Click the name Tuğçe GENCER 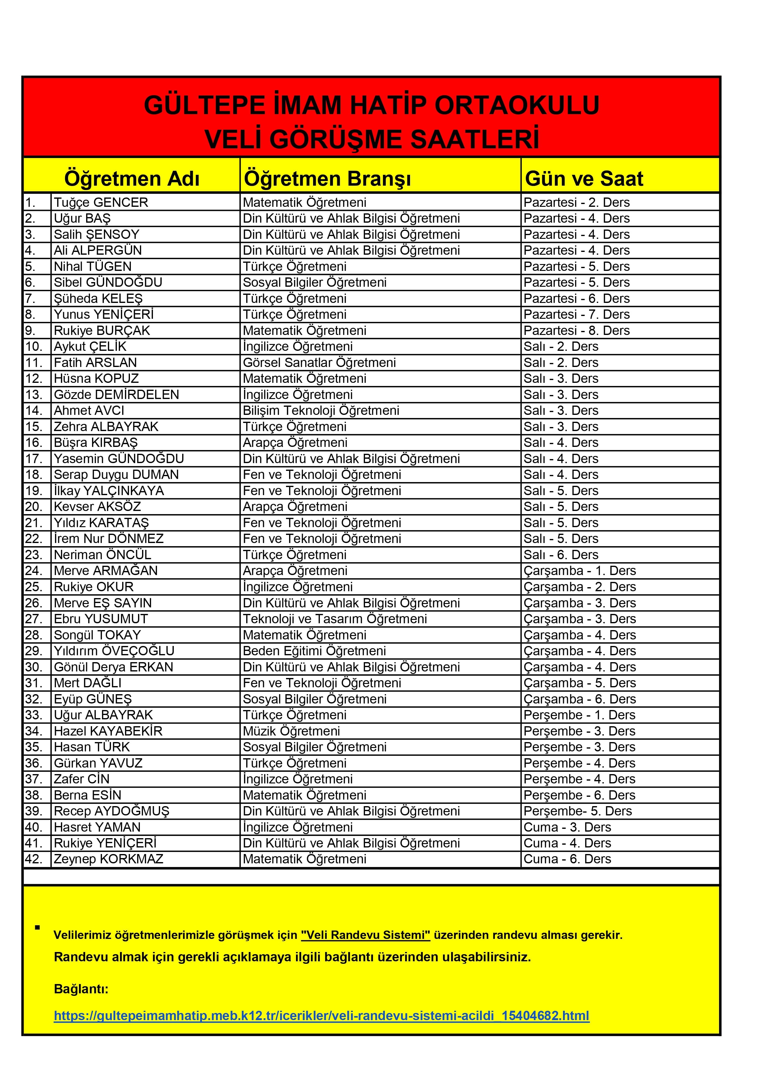[101, 202]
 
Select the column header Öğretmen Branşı [327, 179]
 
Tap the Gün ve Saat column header [584, 179]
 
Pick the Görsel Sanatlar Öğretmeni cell [319, 363]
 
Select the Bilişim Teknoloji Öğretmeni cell [321, 411]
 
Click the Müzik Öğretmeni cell [291, 731]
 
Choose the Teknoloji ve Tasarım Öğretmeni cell [335, 619]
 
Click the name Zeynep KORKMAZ [108, 859]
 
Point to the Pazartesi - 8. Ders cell [576, 331]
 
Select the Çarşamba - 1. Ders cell [579, 571]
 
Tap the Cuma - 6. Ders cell [567, 859]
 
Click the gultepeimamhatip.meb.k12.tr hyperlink [321, 1016]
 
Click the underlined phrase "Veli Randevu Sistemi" [365, 935]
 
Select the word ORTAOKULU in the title [517, 105]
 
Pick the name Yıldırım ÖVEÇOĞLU [114, 651]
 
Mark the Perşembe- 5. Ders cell [578, 811]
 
